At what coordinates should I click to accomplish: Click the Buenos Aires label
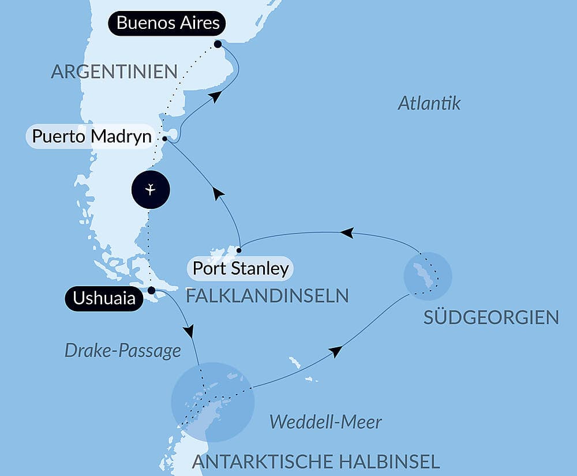click(x=168, y=24)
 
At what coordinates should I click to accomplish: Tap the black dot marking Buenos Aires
click(x=218, y=44)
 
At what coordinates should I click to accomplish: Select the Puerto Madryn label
click(x=92, y=137)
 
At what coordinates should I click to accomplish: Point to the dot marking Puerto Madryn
click(x=165, y=139)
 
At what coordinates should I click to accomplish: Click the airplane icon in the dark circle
click(x=150, y=189)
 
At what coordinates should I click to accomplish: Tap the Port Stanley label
click(x=240, y=268)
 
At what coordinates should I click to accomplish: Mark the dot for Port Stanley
click(x=239, y=250)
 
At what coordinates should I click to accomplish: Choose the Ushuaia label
click(x=104, y=298)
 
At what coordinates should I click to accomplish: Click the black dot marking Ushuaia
click(x=151, y=290)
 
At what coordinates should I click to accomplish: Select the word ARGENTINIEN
click(x=114, y=72)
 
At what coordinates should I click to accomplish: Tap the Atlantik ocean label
click(x=429, y=104)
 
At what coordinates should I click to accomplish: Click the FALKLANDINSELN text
click(x=267, y=296)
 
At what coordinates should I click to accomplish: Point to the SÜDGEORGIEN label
click(x=491, y=317)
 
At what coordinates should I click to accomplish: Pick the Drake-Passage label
click(x=122, y=350)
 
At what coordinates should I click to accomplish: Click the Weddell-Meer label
click(x=325, y=422)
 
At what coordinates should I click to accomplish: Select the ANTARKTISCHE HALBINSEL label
click(x=316, y=461)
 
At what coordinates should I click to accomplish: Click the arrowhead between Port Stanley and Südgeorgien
click(x=346, y=233)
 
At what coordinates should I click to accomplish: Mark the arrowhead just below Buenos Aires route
click(x=215, y=97)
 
